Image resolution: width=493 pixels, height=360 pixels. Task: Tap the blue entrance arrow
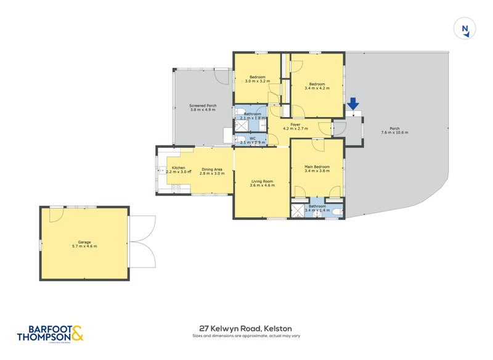(x=353, y=104)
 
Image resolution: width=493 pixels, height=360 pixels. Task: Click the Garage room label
(x=84, y=244)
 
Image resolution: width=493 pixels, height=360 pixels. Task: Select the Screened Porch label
(x=203, y=107)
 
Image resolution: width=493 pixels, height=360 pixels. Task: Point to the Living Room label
(x=261, y=183)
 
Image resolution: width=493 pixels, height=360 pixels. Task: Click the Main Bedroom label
(x=317, y=168)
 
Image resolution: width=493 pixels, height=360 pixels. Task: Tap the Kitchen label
(x=179, y=170)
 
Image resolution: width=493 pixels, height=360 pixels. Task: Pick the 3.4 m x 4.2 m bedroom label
(x=317, y=86)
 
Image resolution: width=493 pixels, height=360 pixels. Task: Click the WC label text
(x=253, y=141)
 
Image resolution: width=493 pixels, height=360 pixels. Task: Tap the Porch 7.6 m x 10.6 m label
(x=394, y=131)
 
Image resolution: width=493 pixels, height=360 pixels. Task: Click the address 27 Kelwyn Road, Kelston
(x=245, y=329)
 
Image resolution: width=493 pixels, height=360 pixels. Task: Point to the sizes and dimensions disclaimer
(x=245, y=337)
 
